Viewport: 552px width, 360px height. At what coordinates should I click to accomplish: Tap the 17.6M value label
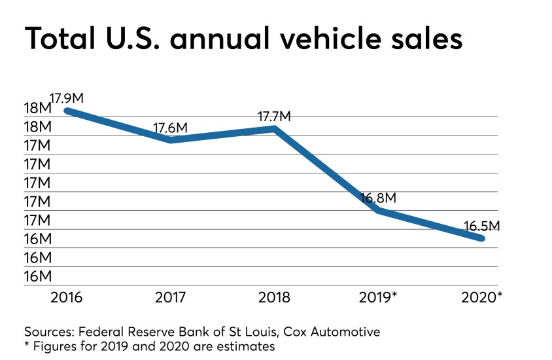tap(171, 128)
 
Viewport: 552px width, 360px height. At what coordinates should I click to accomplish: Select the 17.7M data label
tap(274, 117)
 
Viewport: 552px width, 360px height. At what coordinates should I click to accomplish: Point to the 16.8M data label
tap(379, 198)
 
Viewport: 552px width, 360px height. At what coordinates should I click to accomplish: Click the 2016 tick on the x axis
tap(67, 298)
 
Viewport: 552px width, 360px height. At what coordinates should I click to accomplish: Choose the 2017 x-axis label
tap(171, 298)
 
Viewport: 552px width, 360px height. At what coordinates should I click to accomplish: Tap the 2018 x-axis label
tap(274, 298)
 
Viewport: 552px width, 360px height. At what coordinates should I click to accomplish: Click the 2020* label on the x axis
tap(483, 298)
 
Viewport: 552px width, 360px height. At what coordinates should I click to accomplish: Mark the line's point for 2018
tap(275, 128)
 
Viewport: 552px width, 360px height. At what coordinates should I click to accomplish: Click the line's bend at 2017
tap(171, 139)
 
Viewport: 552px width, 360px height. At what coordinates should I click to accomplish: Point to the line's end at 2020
tap(482, 238)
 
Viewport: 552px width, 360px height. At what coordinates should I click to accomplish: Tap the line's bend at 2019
tap(379, 210)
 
